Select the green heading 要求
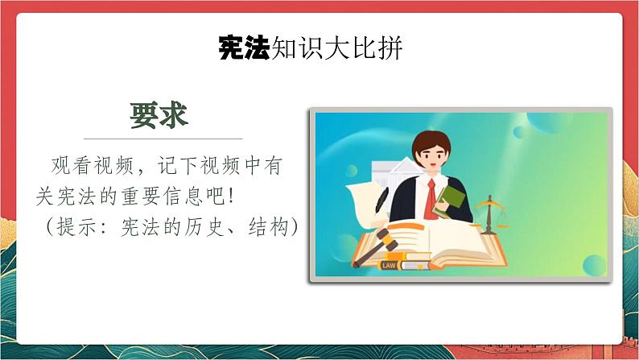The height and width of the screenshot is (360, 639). tap(159, 115)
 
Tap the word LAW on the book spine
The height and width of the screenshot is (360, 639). tap(389, 264)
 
